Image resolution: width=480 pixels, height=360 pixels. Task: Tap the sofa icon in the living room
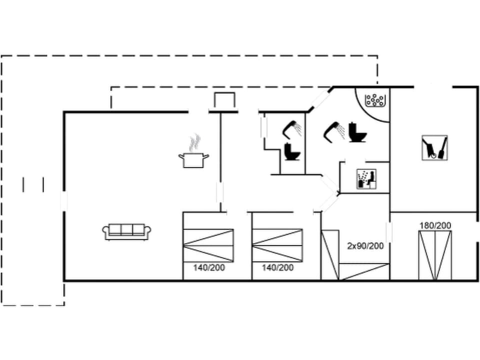[127, 231]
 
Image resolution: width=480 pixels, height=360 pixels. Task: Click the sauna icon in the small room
[366, 179]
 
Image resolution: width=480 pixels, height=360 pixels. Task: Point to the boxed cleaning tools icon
[434, 147]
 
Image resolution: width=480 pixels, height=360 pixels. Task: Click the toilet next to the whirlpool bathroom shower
[357, 132]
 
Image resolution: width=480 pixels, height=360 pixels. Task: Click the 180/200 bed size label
[435, 225]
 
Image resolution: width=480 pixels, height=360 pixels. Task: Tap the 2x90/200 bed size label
[365, 245]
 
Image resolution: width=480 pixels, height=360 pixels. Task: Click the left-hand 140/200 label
[209, 267]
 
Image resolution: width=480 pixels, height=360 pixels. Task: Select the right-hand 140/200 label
[277, 267]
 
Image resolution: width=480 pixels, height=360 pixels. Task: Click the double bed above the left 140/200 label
[208, 245]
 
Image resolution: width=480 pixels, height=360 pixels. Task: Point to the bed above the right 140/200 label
[277, 245]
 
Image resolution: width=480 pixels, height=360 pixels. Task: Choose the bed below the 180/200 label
[435, 255]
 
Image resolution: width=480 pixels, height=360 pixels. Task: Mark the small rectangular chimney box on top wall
[223, 100]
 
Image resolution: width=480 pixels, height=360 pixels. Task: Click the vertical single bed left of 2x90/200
[330, 255]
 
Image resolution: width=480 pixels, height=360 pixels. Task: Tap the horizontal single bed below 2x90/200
[364, 272]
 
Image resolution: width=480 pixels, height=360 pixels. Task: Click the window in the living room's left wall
[63, 200]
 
